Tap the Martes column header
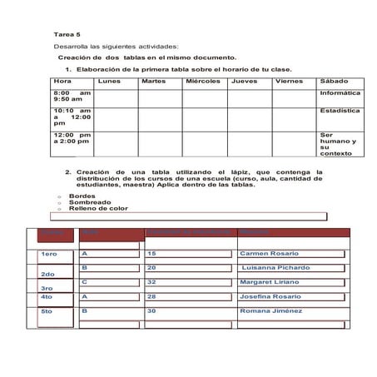pos(153,82)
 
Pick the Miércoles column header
pos(203,82)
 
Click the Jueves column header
pos(244,82)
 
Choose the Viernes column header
pos(289,82)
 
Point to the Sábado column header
pos(335,82)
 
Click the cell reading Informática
pos(340,93)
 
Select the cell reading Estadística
pos(340,110)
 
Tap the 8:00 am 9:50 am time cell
pos(72,97)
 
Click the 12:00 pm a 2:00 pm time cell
pos(72,138)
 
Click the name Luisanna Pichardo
pos(275,268)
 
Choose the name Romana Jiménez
pos(269,311)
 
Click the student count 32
pos(151,282)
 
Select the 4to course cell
pos(47,296)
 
